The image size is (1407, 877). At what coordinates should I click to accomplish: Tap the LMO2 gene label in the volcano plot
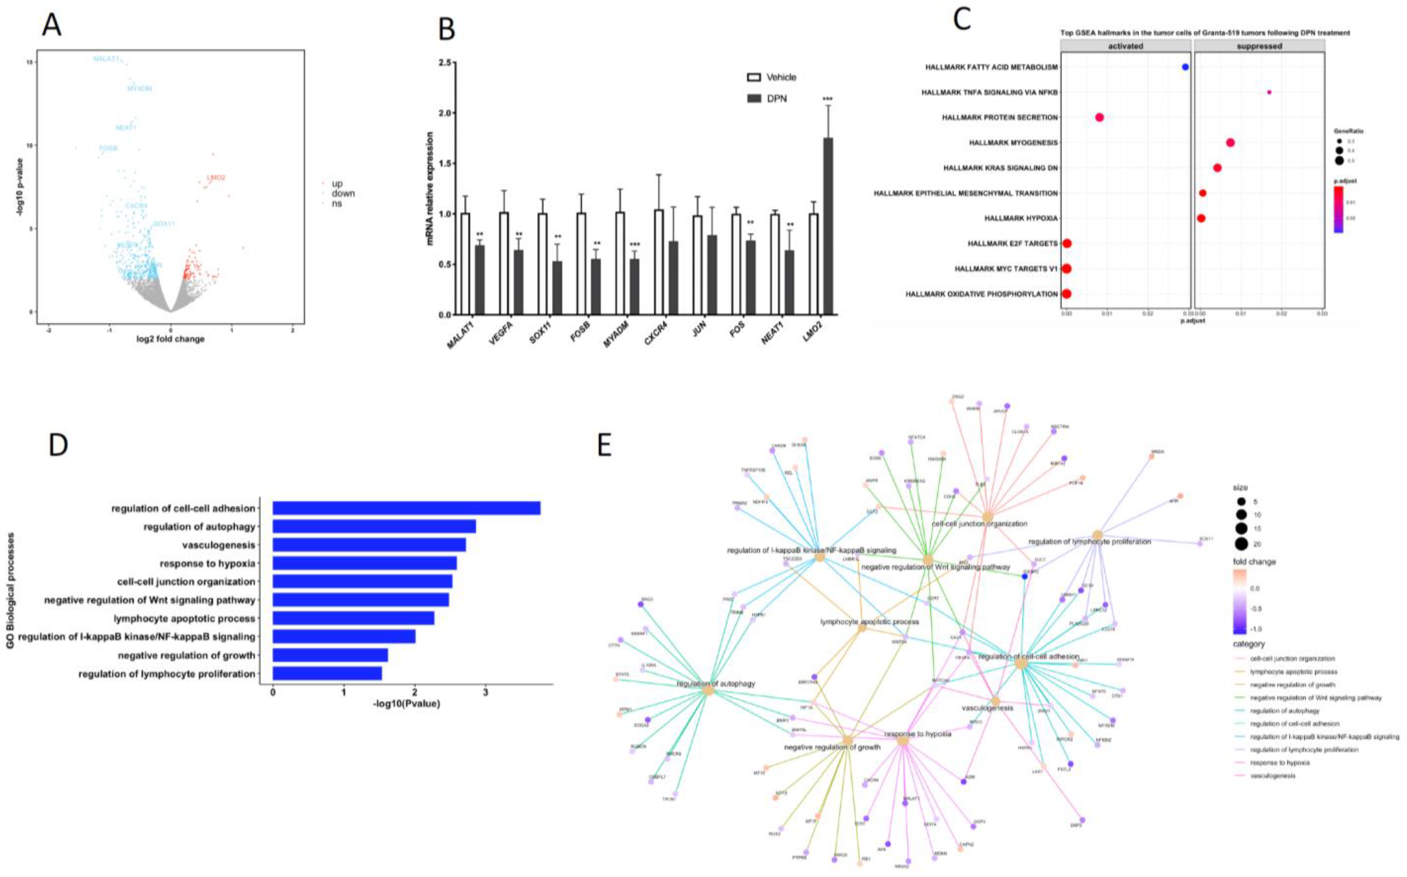coord(216,178)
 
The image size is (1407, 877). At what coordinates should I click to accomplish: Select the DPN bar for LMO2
coord(828,226)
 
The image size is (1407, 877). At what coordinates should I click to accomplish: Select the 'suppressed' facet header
coord(1259,46)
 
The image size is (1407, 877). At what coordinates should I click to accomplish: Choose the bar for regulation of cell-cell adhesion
coord(406,508)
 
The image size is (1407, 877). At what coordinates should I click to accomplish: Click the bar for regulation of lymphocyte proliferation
coord(327,673)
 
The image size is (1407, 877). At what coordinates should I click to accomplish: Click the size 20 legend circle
coord(1241,544)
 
